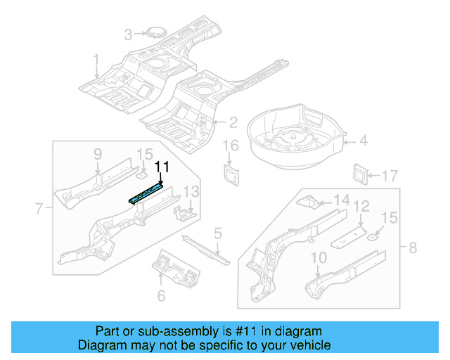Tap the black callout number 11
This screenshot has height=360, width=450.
tap(162, 167)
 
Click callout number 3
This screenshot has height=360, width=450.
tap(128, 34)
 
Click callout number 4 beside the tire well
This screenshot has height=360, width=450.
tap(364, 141)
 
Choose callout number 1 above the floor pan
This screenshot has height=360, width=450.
tap(96, 60)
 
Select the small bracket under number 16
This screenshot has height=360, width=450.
tap(231, 173)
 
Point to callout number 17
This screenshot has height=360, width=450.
tap(389, 175)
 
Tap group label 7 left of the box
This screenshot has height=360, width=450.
tap(39, 207)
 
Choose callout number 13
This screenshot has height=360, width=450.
tap(192, 192)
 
